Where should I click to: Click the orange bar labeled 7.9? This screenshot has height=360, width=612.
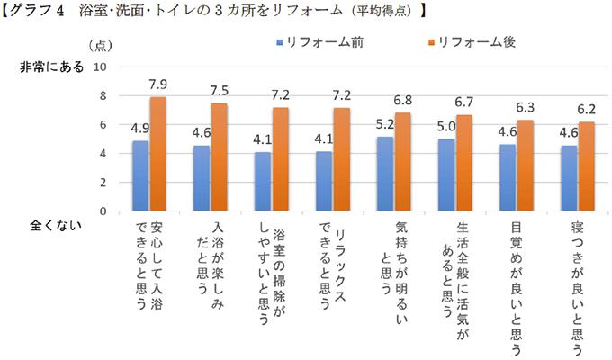[158, 154]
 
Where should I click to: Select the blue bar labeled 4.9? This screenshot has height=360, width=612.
[140, 175]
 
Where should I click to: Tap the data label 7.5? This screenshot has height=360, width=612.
[219, 91]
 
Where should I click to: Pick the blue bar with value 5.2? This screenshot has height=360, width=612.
[385, 174]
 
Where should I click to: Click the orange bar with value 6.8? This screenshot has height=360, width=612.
[403, 162]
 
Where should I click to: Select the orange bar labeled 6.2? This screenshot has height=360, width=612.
[587, 166]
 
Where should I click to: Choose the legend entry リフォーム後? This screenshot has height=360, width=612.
[467, 42]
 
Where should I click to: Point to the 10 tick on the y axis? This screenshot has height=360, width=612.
[100, 67]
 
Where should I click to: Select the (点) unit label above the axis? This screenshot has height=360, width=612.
[101, 44]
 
